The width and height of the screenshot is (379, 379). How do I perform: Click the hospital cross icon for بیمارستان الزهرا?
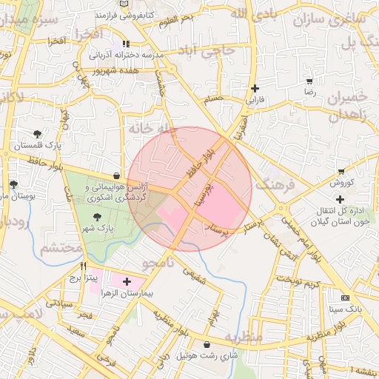[x=127, y=281]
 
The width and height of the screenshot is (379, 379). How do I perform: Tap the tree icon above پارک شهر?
[x=98, y=216]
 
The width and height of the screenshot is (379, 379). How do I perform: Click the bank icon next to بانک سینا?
[x=345, y=297]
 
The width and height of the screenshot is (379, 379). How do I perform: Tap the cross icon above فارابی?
[x=254, y=88]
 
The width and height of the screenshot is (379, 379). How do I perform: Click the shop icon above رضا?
[x=309, y=81]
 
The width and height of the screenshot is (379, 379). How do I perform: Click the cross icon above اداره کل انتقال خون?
[x=340, y=198]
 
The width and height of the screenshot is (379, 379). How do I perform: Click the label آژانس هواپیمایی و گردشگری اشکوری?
[x=117, y=193]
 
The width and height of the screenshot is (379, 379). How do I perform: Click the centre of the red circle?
[x=189, y=189]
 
